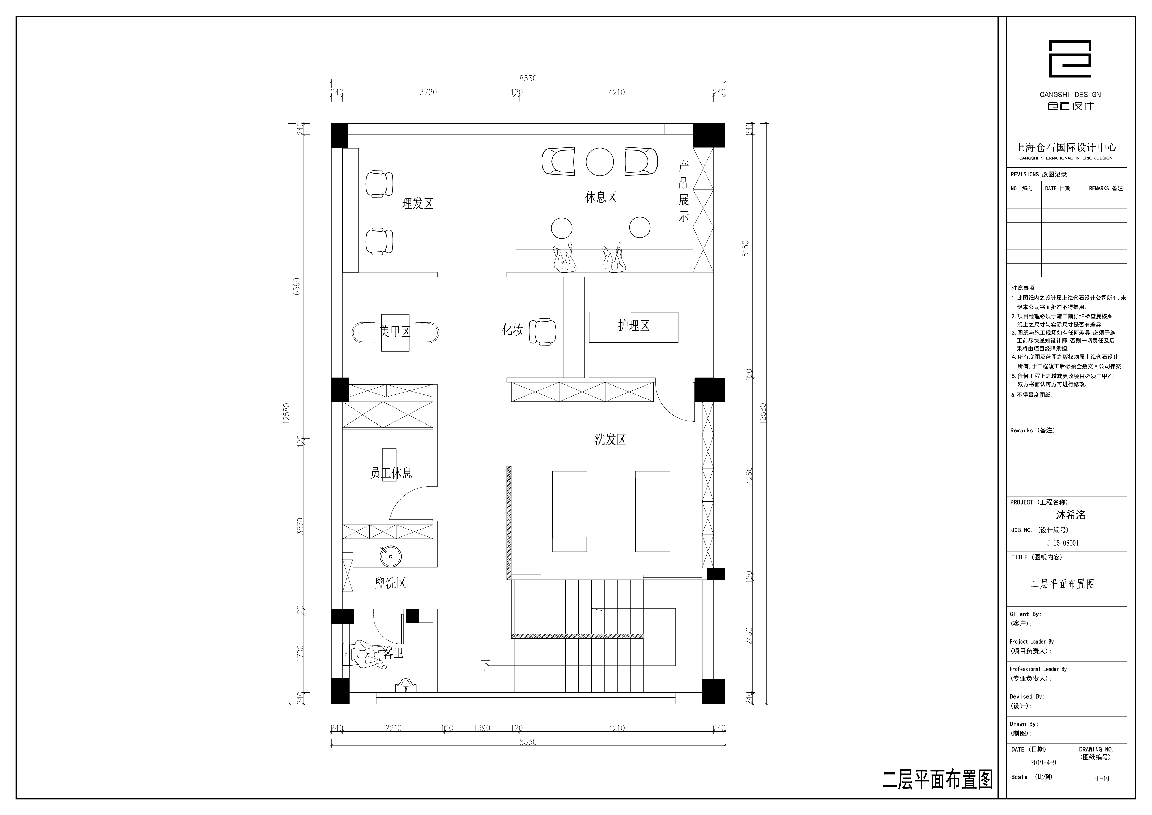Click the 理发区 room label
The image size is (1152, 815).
pos(417,203)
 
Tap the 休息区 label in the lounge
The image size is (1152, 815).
pos(601,197)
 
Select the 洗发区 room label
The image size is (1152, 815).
pos(611,439)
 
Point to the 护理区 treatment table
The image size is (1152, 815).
pos(633,327)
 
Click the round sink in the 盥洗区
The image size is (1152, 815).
pos(390,556)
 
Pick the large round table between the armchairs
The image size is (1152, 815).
pos(599,162)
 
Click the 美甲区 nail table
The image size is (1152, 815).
pos(395,332)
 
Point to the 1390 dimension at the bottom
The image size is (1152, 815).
pos(482,728)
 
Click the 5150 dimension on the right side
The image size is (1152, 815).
pos(746,249)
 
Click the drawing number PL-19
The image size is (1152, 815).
pos(1101,779)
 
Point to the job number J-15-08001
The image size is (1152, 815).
pos(1063,543)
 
